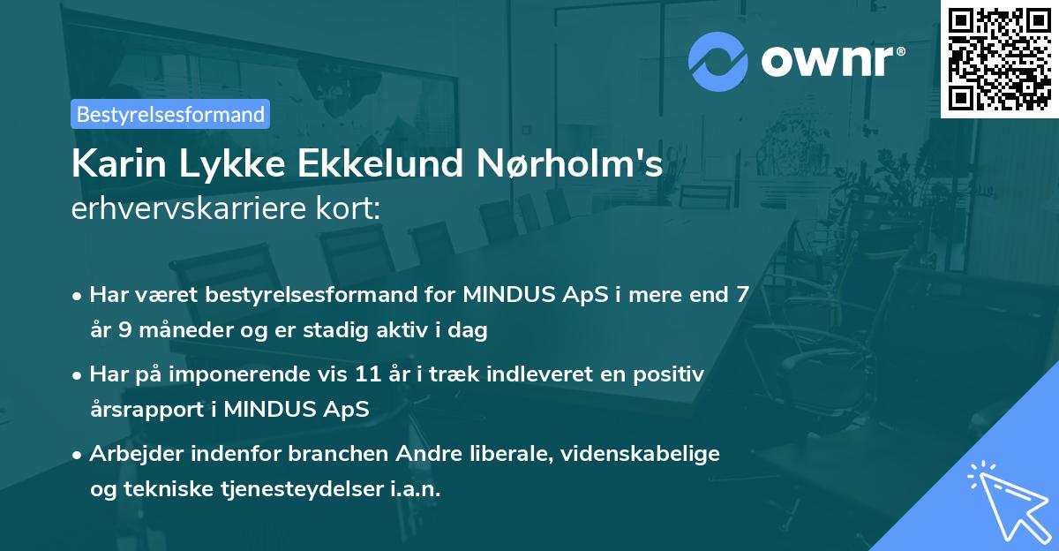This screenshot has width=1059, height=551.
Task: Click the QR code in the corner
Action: pyautogui.click(x=999, y=58)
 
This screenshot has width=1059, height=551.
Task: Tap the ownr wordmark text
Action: pyautogui.click(x=832, y=59)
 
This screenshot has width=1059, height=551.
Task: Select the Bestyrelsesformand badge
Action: pyautogui.click(x=170, y=114)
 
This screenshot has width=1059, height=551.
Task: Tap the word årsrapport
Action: pyautogui.click(x=146, y=410)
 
